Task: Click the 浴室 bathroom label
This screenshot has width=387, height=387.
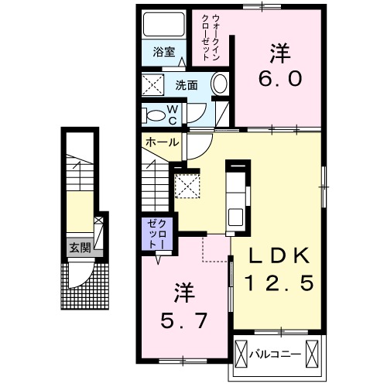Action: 163,53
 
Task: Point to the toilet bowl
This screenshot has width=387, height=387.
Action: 159,116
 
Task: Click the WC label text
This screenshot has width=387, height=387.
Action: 174,115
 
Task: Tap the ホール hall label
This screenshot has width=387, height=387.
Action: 161,142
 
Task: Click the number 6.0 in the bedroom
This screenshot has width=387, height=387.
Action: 279,67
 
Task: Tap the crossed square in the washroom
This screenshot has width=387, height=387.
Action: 152,84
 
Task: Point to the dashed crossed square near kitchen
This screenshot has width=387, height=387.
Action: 187,186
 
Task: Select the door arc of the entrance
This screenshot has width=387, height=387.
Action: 80,275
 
